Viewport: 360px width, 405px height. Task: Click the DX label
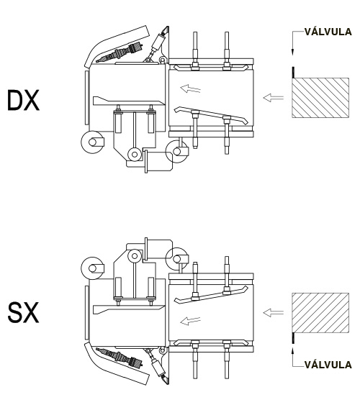pyautogui.click(x=23, y=100)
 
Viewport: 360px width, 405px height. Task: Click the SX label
pyautogui.click(x=23, y=313)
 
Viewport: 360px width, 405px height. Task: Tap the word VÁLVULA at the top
pyautogui.click(x=328, y=32)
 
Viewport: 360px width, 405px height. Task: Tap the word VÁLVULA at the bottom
pyautogui.click(x=328, y=365)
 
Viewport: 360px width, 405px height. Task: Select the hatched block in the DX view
pyautogui.click(x=320, y=98)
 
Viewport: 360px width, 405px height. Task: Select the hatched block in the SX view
pyautogui.click(x=320, y=313)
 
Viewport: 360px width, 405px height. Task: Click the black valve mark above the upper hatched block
pyautogui.click(x=293, y=73)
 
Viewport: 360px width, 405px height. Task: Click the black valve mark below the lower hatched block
pyautogui.click(x=293, y=338)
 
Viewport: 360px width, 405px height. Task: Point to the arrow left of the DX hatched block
pyautogui.click(x=274, y=98)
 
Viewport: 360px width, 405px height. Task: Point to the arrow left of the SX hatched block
pyautogui.click(x=274, y=313)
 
